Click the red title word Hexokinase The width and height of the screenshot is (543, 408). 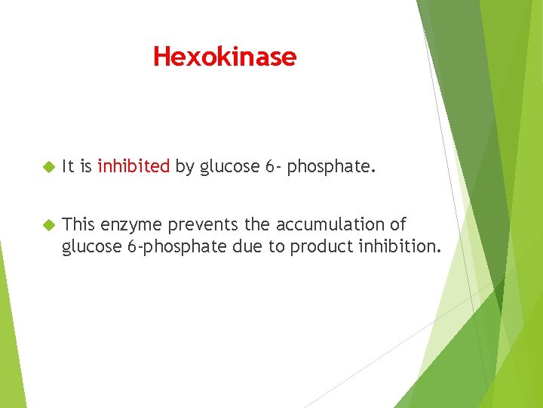coord(225,57)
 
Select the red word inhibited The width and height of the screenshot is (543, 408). coord(133,166)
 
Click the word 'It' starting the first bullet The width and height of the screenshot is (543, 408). coord(68,166)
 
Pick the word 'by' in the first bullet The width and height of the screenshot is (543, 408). coord(185,166)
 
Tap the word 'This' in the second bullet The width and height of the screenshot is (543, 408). coord(78,224)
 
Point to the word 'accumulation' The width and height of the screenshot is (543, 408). coord(330,224)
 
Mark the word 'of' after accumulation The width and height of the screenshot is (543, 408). coord(398,224)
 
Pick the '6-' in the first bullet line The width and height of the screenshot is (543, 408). coord(272,166)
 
